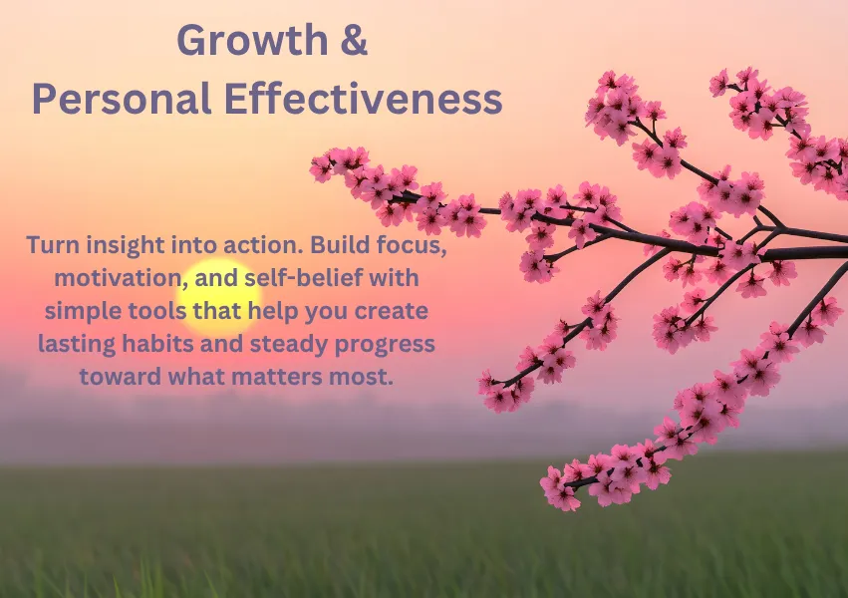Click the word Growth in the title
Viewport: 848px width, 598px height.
(x=252, y=40)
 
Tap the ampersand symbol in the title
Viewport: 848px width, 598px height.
(x=354, y=40)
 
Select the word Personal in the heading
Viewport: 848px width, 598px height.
(x=122, y=99)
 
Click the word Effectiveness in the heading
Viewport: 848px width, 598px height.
(x=363, y=99)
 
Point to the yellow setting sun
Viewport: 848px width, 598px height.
(x=219, y=297)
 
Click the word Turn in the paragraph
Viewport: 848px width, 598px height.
(x=54, y=245)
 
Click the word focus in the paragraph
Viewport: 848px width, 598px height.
(x=412, y=245)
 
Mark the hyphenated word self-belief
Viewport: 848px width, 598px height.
(x=303, y=278)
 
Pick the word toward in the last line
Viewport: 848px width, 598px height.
(x=121, y=377)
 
